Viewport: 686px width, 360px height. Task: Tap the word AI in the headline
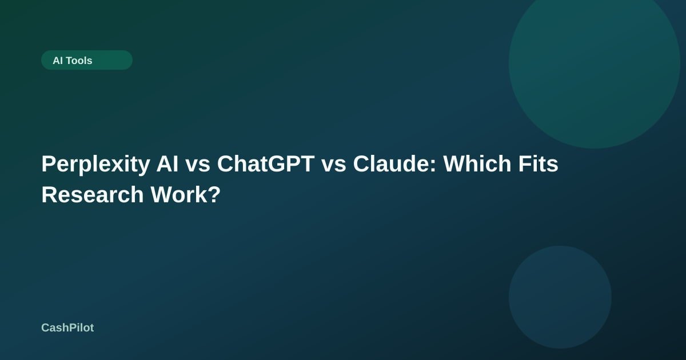click(167, 164)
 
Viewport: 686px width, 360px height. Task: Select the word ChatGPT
click(266, 164)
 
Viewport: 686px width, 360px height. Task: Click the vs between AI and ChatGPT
click(198, 166)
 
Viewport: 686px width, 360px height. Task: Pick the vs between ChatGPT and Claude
click(334, 166)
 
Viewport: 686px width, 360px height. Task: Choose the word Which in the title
click(477, 164)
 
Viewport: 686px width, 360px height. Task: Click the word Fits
click(539, 164)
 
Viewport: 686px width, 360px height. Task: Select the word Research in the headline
click(93, 195)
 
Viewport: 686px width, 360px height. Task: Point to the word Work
click(178, 195)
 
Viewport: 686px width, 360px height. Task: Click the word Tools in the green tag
click(79, 61)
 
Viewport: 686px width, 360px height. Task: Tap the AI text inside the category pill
click(58, 61)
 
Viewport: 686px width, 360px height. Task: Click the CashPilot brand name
click(67, 328)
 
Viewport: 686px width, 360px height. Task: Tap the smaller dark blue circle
click(560, 297)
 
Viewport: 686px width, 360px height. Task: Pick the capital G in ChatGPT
click(276, 164)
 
